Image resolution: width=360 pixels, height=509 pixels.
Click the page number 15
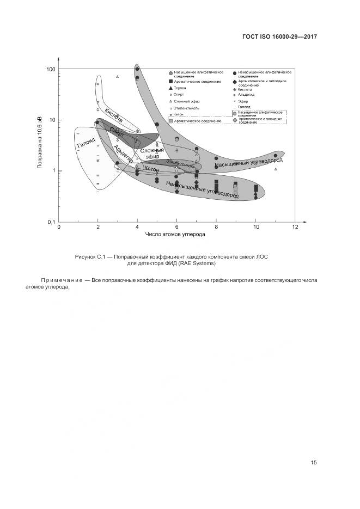pos(314,463)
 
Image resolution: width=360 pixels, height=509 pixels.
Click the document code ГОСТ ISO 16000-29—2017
pos(279,37)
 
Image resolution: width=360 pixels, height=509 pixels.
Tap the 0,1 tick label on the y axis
pos(51,222)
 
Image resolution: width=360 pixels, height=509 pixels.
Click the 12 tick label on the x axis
pos(295,227)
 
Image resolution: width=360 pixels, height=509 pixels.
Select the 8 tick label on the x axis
pos(216,227)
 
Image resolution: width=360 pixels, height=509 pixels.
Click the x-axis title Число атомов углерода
pos(175,235)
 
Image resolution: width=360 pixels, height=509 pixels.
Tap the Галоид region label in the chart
pos(86,143)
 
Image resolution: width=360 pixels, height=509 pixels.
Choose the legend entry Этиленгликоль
pos(186,108)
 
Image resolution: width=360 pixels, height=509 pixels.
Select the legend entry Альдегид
pos(246,95)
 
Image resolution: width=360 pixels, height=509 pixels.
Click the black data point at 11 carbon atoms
pos(276,156)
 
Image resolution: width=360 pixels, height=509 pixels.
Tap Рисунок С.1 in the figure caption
pos(91,256)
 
